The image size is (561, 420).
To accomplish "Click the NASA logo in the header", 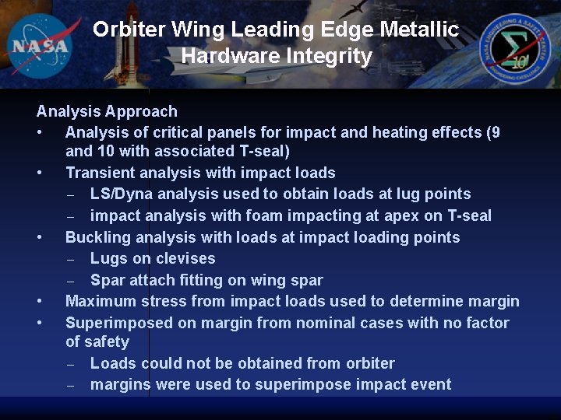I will [41, 44].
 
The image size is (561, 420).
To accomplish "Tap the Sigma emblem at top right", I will [515, 45].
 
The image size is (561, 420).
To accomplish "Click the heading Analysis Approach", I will [107, 111].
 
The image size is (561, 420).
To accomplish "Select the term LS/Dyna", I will [118, 194].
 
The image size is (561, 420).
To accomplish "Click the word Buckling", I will [97, 237].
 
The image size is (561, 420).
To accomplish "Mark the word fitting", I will [215, 280].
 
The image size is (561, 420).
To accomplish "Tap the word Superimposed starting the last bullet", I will [117, 323].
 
